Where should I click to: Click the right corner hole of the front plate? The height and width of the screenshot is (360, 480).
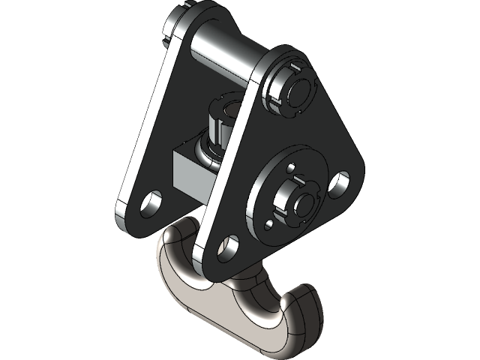pyautogui.click(x=339, y=183)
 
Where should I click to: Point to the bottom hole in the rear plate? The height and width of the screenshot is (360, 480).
pyautogui.click(x=152, y=201)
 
